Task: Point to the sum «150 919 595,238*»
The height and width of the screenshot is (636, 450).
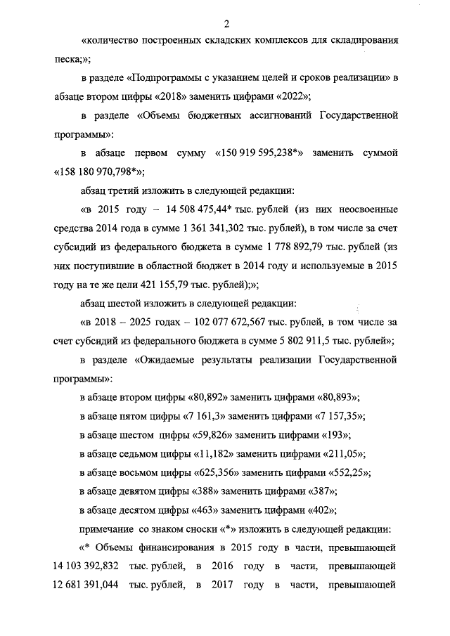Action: [259, 152]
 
